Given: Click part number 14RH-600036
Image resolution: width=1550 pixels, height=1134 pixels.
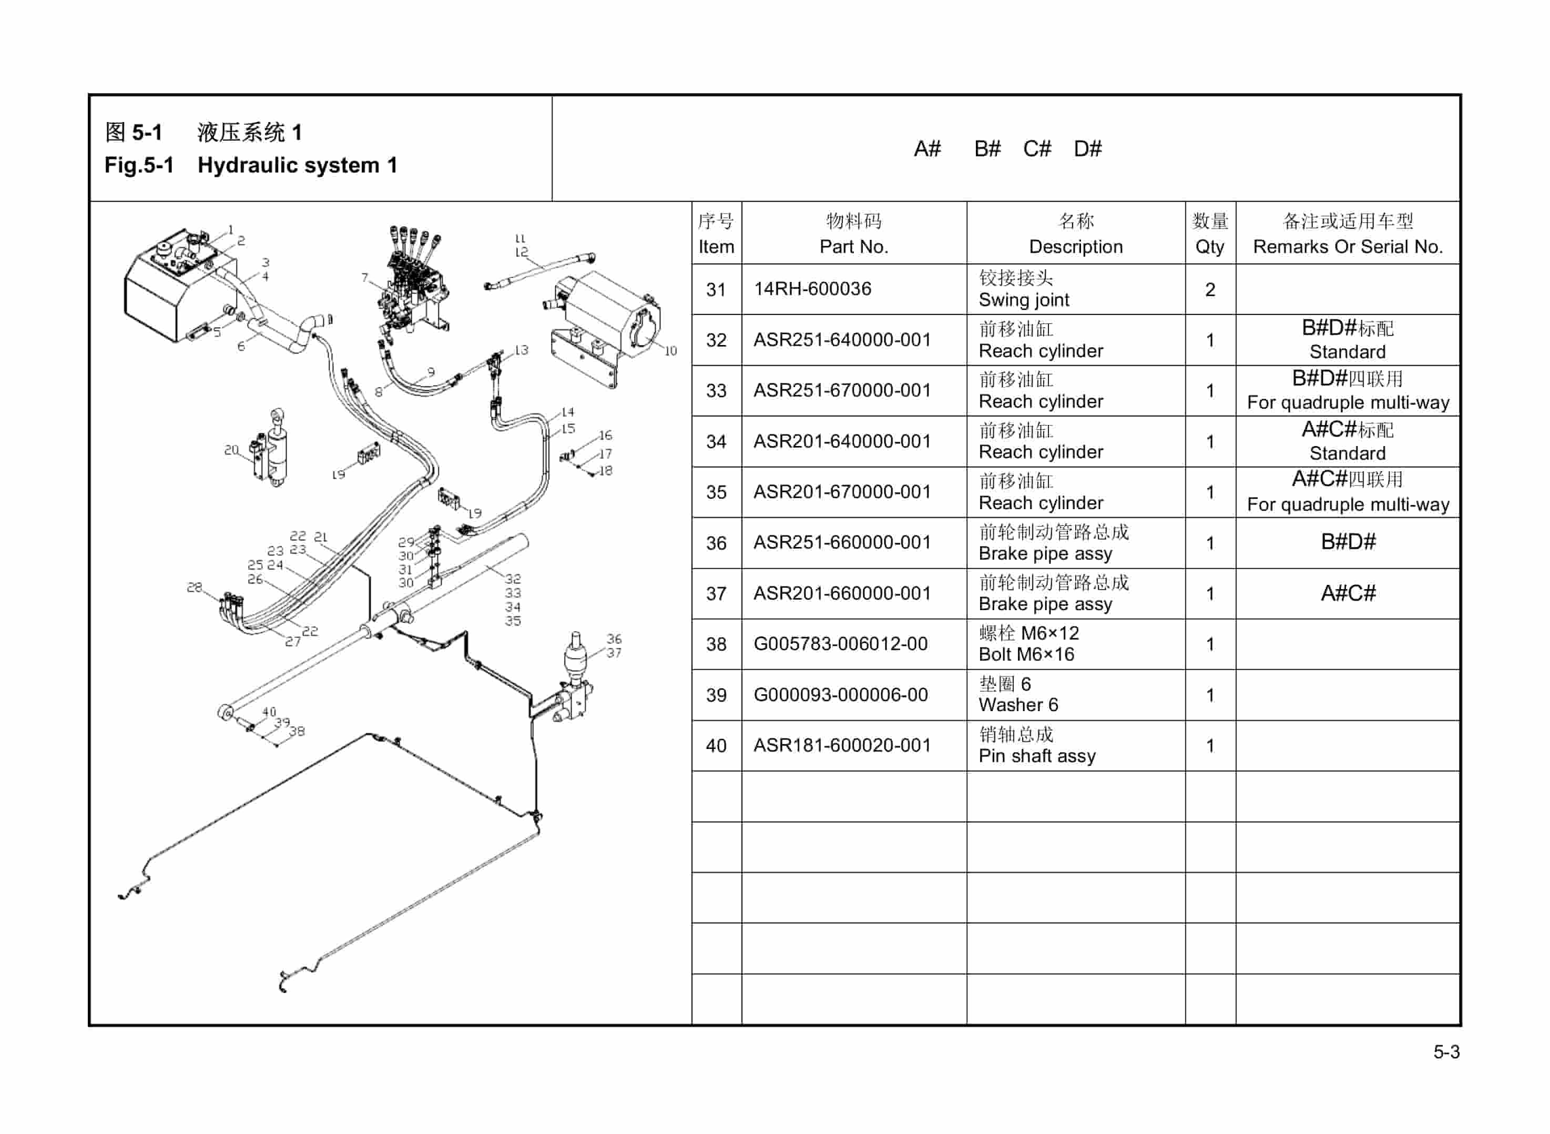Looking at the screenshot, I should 812,289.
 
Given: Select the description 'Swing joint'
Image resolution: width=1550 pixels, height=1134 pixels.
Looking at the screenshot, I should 1023,300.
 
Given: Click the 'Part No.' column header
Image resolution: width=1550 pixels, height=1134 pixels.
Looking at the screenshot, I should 853,247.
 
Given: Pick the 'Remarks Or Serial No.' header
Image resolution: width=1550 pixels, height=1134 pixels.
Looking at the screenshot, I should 1347,247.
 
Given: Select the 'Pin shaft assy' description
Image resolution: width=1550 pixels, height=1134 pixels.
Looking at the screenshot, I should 1036,756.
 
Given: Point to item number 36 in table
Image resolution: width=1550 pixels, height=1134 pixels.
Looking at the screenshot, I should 716,543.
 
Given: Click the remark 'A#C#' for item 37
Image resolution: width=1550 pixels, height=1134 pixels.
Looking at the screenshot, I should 1347,593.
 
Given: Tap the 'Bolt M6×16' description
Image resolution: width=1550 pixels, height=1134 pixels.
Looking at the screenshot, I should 1026,654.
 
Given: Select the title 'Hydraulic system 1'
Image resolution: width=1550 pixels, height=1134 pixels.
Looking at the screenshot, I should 297,166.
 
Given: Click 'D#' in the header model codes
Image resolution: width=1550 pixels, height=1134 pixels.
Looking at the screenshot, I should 1087,149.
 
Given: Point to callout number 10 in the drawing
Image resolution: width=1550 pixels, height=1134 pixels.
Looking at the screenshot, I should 670,351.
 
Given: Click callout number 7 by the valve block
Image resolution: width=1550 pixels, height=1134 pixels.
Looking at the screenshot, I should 364,277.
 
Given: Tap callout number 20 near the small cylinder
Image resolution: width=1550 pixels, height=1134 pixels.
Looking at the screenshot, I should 231,450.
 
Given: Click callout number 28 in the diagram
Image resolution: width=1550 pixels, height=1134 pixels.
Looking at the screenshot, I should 194,587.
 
